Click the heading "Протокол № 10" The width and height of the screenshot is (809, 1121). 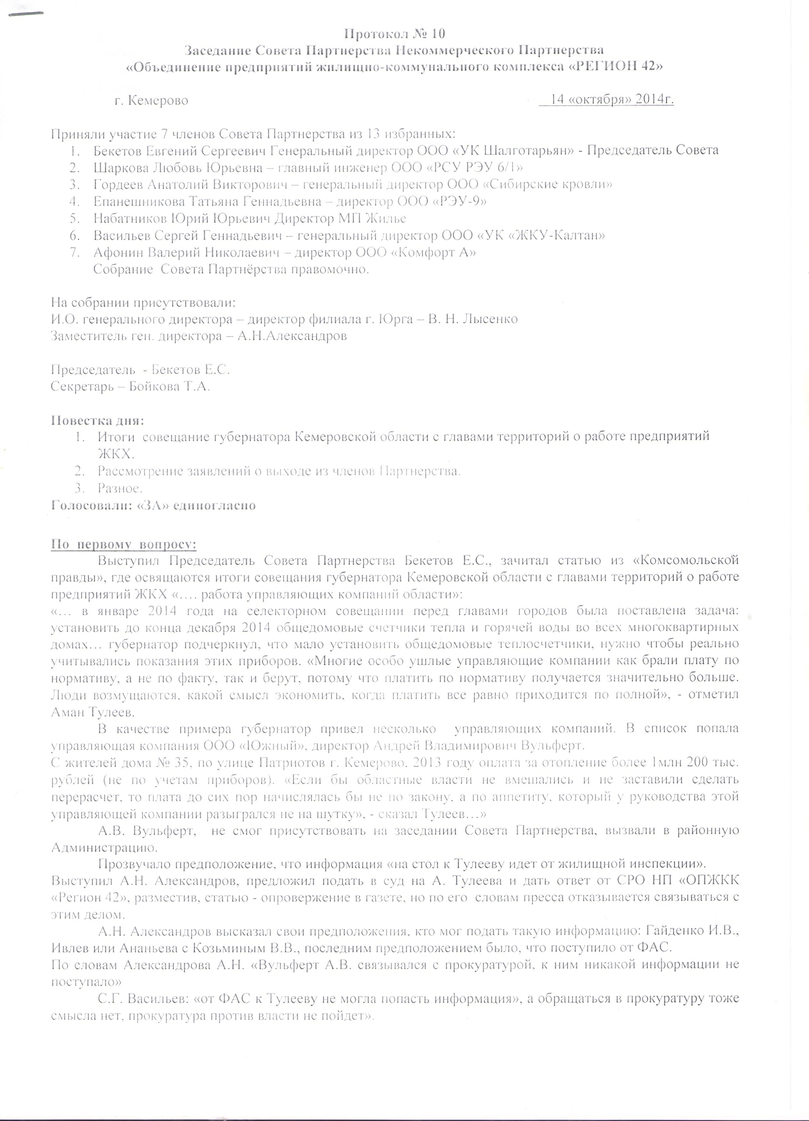(394, 34)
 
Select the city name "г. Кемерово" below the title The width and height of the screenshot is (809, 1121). (151, 101)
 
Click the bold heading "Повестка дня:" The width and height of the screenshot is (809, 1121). (97, 421)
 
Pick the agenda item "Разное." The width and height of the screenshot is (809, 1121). (120, 488)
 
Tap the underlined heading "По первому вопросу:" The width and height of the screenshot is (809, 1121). (123, 544)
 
